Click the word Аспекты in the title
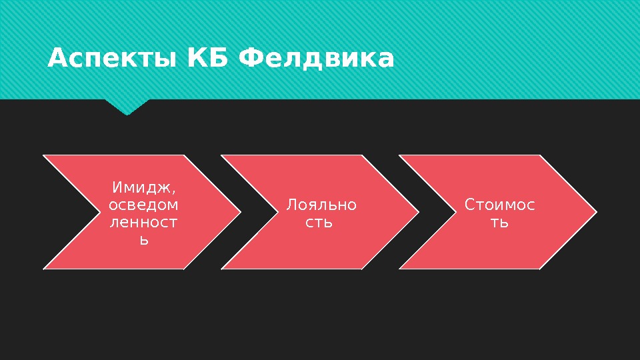pyautogui.click(x=108, y=59)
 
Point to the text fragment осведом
pyautogui.click(x=143, y=204)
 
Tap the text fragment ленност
pyautogui.click(x=143, y=222)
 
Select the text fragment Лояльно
pyautogui.click(x=321, y=205)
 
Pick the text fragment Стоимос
pyautogui.click(x=499, y=205)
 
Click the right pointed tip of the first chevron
pyautogui.click(x=239, y=213)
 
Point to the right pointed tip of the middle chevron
pyautogui.click(x=417, y=213)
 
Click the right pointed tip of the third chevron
pyautogui.click(x=595, y=213)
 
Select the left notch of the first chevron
pyautogui.click(x=99, y=213)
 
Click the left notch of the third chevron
pyautogui.click(x=455, y=213)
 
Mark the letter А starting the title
pyautogui.click(x=57, y=59)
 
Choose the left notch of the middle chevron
pyautogui.click(x=277, y=213)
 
